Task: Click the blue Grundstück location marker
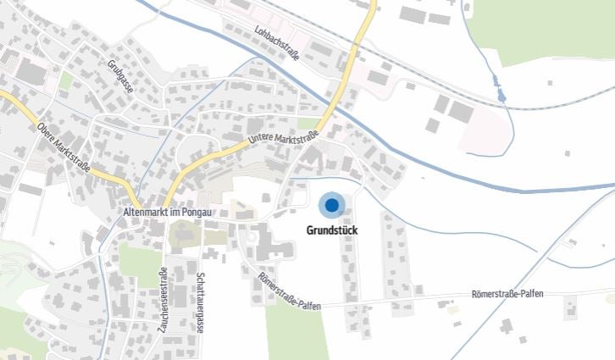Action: click(331, 205)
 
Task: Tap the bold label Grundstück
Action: click(331, 229)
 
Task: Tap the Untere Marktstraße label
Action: click(283, 138)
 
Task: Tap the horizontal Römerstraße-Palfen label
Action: click(507, 294)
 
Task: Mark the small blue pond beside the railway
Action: click(502, 95)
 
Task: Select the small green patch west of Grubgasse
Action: click(65, 81)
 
